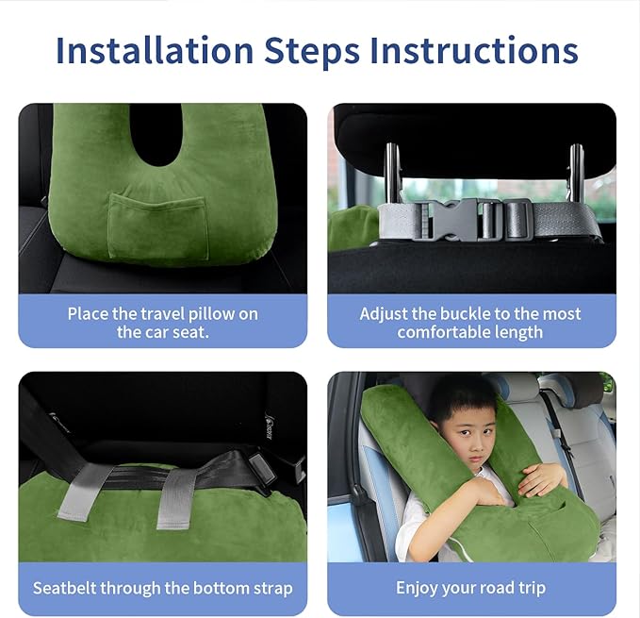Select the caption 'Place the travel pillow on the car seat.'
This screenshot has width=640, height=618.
coord(162,323)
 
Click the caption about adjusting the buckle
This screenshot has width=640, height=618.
coord(470,323)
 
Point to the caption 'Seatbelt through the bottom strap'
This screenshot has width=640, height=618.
coord(162,588)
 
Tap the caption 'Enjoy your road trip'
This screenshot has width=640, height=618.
coord(470,588)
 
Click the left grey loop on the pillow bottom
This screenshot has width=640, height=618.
coord(85,491)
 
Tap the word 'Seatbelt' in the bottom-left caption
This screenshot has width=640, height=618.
coord(66,588)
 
